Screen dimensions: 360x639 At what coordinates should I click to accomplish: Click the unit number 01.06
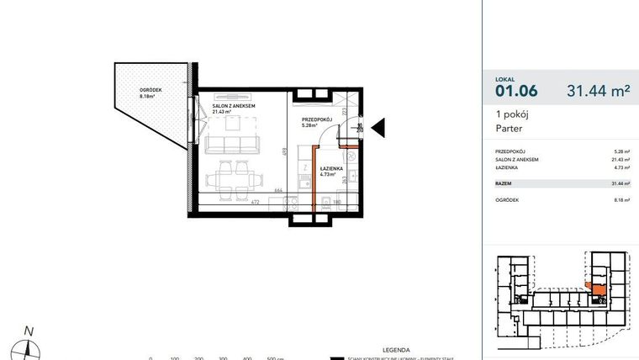(516, 89)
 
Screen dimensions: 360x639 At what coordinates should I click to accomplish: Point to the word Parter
(510, 129)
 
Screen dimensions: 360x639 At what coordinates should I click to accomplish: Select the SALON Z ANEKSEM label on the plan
(234, 106)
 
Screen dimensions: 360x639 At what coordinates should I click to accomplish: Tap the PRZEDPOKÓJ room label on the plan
(318, 120)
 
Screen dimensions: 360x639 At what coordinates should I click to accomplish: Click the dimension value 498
(285, 152)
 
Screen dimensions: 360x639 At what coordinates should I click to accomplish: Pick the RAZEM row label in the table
(504, 183)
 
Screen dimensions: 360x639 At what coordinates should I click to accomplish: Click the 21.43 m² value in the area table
(621, 159)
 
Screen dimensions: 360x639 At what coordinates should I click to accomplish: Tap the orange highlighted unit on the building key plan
(598, 289)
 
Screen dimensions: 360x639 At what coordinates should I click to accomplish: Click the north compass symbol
(29, 346)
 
